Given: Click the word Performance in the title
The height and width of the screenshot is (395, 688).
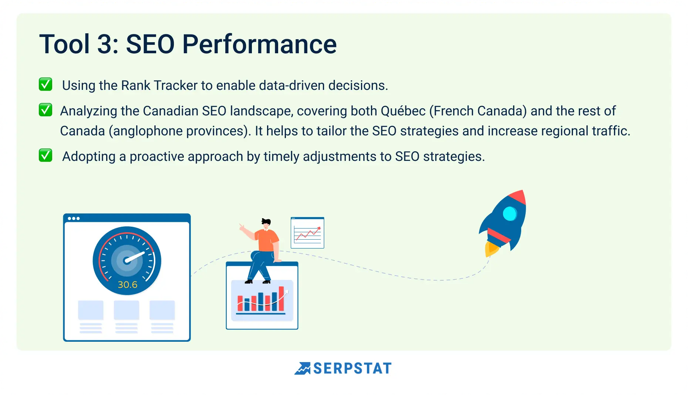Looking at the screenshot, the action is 259,44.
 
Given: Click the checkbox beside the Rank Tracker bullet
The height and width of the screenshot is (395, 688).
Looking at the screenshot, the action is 45,84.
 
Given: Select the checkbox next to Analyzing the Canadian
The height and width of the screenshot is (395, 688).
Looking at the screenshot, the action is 45,110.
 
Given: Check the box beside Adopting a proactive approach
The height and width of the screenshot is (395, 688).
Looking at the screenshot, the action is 45,155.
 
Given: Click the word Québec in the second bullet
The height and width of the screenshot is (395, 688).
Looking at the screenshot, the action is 403,111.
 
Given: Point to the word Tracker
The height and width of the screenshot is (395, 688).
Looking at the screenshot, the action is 176,85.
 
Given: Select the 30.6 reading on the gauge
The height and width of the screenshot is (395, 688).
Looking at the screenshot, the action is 128,285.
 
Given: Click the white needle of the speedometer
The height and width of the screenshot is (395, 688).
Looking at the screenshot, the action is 135,256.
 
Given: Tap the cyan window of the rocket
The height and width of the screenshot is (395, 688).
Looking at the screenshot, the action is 510,214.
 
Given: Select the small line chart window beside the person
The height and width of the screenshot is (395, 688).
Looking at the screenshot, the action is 307,233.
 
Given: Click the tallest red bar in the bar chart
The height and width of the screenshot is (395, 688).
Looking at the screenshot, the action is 281,298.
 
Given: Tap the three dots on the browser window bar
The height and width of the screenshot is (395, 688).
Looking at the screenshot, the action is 74,218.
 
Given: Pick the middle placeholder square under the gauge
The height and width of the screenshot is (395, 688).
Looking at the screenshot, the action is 127,310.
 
